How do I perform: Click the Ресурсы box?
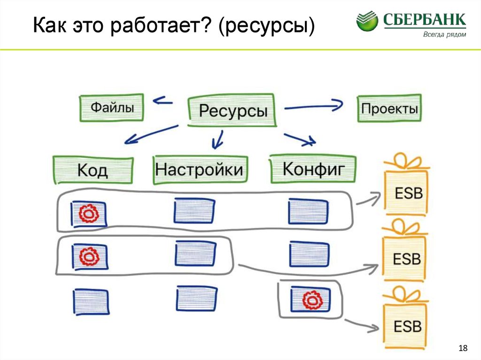tap(232, 111)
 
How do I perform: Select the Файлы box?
tap(112, 108)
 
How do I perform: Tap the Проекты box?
tap(389, 109)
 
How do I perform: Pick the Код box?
tap(93, 169)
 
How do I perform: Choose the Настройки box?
tap(200, 169)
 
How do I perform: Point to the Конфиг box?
tap(313, 169)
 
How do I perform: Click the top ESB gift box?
tap(406, 192)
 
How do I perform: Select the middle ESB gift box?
tap(405, 259)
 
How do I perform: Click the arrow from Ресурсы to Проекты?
tap(314, 107)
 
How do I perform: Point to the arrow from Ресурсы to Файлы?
tap(163, 100)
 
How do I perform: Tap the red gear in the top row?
tap(88, 214)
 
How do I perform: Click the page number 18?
tap(463, 348)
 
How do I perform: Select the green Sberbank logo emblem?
tap(367, 22)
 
